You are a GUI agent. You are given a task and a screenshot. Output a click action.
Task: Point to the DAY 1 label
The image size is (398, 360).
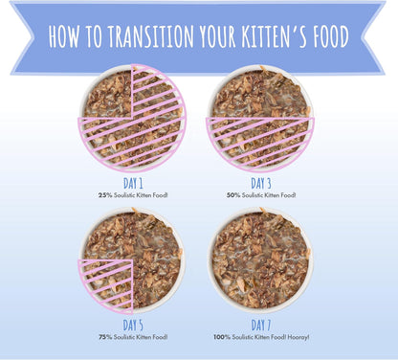click(134, 182)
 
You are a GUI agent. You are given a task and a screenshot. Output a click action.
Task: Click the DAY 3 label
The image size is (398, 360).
click(262, 182)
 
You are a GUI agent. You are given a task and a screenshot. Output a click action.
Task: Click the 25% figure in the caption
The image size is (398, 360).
click(104, 194)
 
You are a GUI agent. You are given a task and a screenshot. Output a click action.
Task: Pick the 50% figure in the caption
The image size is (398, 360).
click(233, 194)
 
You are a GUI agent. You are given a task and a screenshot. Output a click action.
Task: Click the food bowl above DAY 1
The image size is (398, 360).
click(132, 118)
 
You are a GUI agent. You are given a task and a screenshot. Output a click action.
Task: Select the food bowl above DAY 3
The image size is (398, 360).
click(260, 118)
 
